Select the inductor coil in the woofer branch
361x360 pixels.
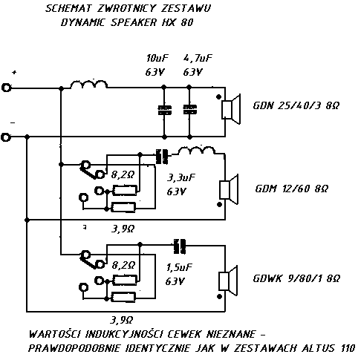pyautogui.click(x=89, y=84)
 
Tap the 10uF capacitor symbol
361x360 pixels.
pyautogui.click(x=165, y=110)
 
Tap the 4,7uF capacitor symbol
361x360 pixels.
pyautogui.click(x=190, y=110)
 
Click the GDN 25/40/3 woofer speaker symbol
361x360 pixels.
pyautogui.click(x=231, y=109)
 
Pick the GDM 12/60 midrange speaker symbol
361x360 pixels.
pyautogui.click(x=229, y=189)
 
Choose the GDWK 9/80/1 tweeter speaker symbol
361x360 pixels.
pyautogui.click(x=228, y=281)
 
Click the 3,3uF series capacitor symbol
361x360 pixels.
pyautogui.click(x=162, y=157)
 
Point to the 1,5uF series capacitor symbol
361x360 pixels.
pyautogui.click(x=180, y=246)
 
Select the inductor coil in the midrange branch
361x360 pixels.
pyautogui.click(x=197, y=151)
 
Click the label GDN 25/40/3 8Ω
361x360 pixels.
pyautogui.click(x=296, y=105)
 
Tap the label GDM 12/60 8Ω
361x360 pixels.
pyautogui.click(x=292, y=189)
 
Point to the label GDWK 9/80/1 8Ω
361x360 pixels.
pyautogui.click(x=296, y=278)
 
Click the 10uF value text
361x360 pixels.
pyautogui.click(x=157, y=58)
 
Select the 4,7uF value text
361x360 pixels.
pyautogui.click(x=198, y=58)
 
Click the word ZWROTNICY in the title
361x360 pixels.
pyautogui.click(x=126, y=8)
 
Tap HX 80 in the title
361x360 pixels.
pyautogui.click(x=178, y=22)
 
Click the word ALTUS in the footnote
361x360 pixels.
pyautogui.click(x=319, y=348)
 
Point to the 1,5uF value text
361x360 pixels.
pyautogui.click(x=179, y=267)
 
